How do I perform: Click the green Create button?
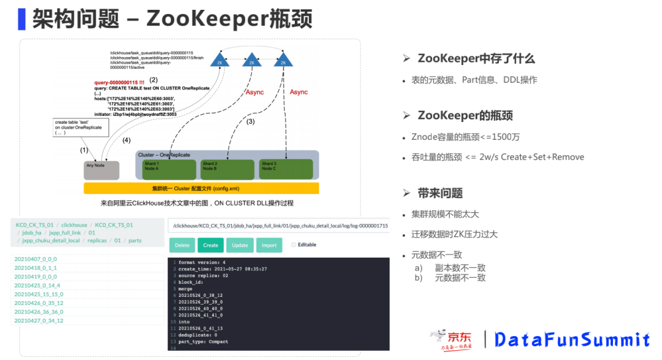pyautogui.click(x=210, y=245)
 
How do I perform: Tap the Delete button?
pyautogui.click(x=182, y=245)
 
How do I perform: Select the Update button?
pyautogui.click(x=240, y=245)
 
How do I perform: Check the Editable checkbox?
pyautogui.click(x=294, y=245)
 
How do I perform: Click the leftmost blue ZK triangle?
pyautogui.click(x=219, y=60)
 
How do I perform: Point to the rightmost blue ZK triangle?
pyautogui.click(x=283, y=60)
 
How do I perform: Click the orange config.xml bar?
pyautogui.click(x=201, y=188)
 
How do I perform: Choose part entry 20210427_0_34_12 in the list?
pyautogui.click(x=39, y=321)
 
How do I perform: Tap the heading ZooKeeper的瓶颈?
pyautogui.click(x=465, y=115)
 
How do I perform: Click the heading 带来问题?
pyautogui.click(x=440, y=193)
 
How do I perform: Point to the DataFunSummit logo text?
pyautogui.click(x=572, y=340)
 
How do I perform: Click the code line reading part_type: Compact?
pyautogui.click(x=203, y=342)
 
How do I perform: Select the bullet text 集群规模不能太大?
pyautogui.click(x=445, y=215)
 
